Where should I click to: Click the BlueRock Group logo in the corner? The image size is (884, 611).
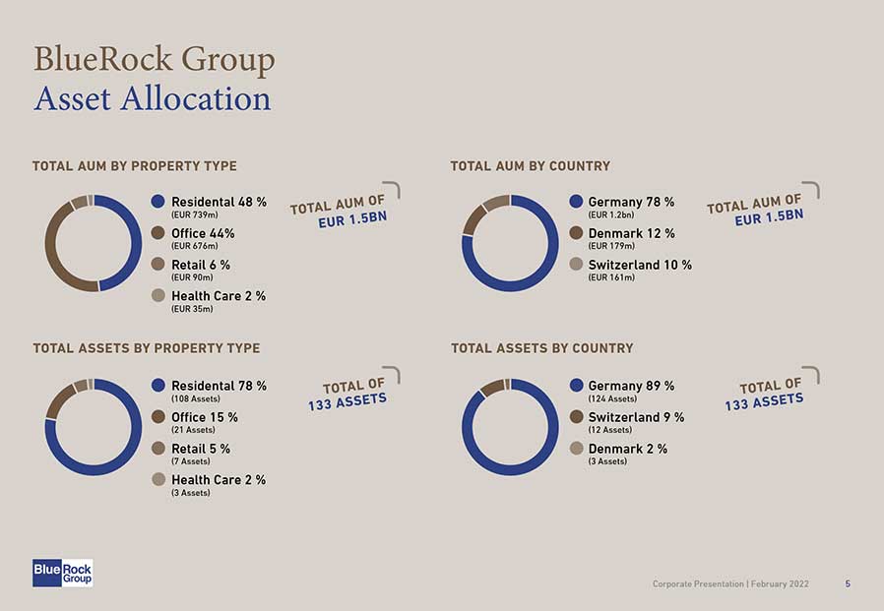[62, 573]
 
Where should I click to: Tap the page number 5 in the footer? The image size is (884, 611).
[848, 584]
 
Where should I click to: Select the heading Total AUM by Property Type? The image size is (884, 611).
[135, 166]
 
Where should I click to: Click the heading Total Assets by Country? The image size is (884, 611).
[541, 348]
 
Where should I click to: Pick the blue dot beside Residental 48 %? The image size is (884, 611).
[158, 202]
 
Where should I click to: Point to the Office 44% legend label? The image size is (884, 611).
[203, 233]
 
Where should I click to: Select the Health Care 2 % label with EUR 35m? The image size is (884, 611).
[219, 296]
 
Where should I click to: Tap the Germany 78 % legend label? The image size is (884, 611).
[631, 202]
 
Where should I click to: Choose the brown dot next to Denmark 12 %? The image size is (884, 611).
[576, 233]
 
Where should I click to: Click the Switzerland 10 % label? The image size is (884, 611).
[640, 265]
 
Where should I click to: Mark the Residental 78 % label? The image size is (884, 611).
[219, 386]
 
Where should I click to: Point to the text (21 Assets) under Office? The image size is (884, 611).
[193, 430]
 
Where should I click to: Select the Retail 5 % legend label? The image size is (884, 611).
[201, 449]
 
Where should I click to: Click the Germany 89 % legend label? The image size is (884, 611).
[631, 386]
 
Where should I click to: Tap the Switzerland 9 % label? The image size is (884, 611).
[636, 417]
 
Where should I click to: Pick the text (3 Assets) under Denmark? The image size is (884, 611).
[607, 461]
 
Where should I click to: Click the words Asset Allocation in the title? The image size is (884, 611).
[152, 98]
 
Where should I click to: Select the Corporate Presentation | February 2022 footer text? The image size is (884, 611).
[730, 584]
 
